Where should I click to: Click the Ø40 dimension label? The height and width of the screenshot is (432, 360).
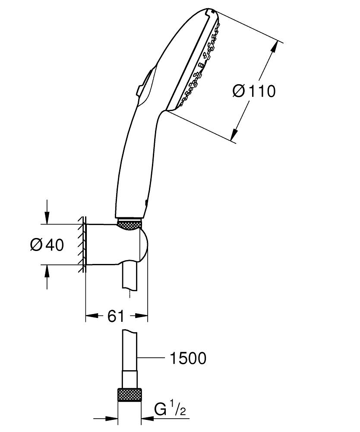coord(47,245)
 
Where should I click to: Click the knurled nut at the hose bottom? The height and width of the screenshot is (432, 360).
coord(130,395)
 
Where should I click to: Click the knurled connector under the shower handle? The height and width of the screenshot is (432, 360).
coord(129,225)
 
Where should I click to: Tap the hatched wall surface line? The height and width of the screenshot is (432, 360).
coord(82,245)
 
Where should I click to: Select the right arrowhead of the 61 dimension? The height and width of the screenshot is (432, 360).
coord(143,317)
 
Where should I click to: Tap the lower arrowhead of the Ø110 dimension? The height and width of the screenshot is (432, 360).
coord(235,134)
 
